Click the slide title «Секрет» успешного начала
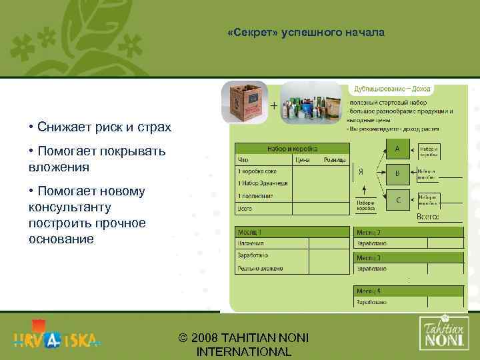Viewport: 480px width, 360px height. click(x=305, y=32)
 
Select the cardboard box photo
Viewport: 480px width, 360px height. click(x=245, y=102)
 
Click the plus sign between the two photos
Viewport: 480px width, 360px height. click(x=274, y=105)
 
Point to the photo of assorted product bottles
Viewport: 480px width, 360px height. click(x=310, y=103)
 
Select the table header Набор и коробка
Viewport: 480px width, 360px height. click(x=292, y=150)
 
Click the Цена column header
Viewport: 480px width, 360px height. click(x=302, y=160)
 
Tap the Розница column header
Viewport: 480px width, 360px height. click(x=335, y=160)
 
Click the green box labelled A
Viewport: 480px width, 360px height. click(x=398, y=149)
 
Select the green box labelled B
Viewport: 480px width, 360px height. click(x=398, y=174)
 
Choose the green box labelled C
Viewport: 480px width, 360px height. click(x=398, y=199)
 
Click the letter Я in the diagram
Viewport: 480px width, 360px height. click(x=361, y=171)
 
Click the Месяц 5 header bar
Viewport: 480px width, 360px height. click(x=409, y=291)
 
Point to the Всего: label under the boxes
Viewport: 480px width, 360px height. click(x=427, y=217)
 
